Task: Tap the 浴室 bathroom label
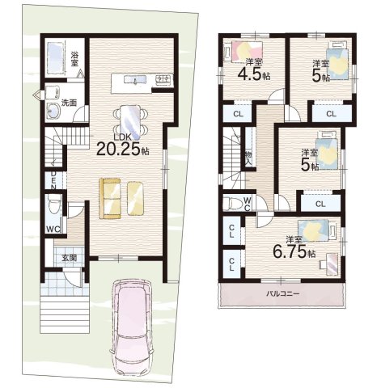click(x=74, y=59)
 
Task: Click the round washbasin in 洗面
click(x=53, y=112)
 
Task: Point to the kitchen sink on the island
click(x=135, y=80)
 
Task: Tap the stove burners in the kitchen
click(x=164, y=78)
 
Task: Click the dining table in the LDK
click(x=131, y=120)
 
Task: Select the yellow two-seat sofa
click(x=110, y=198)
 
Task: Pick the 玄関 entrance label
click(x=70, y=258)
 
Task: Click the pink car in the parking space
click(x=132, y=327)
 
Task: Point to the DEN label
click(x=53, y=180)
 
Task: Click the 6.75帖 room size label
click(x=294, y=252)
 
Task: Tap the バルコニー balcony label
click(x=283, y=293)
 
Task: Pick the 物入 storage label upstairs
click(x=248, y=158)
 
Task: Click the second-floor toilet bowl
click(x=234, y=203)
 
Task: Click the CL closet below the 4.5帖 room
click(x=238, y=114)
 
